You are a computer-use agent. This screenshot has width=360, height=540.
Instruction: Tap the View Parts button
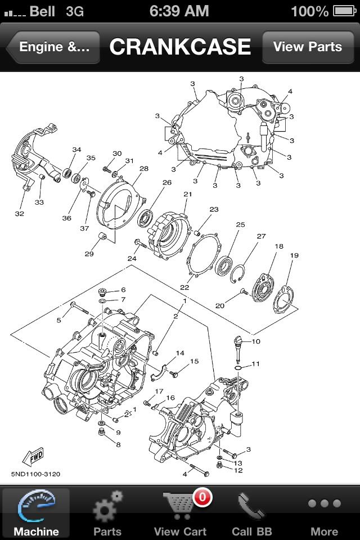[307, 47]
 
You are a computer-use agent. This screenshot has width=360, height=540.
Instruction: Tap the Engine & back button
[53, 47]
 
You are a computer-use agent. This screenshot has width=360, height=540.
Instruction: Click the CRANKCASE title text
[180, 47]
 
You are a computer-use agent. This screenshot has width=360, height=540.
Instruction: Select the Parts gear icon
[107, 505]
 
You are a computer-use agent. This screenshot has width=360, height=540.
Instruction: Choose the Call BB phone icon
[251, 505]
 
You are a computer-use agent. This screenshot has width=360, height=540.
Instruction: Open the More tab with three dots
[324, 503]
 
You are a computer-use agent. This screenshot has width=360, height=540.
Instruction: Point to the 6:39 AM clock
[180, 11]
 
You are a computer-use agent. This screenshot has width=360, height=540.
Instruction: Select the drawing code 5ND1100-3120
[35, 474]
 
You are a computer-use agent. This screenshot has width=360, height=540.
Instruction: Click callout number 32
[20, 214]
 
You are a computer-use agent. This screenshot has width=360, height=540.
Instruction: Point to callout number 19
[294, 256]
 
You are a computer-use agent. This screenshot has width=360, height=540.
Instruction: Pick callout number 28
[143, 169]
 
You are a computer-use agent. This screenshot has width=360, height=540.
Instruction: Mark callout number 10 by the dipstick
[256, 341]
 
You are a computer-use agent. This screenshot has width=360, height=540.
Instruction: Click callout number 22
[184, 287]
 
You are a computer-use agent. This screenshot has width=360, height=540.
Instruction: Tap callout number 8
[118, 444]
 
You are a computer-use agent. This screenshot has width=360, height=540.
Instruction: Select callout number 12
[238, 470]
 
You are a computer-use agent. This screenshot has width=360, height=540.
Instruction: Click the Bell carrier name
[42, 11]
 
